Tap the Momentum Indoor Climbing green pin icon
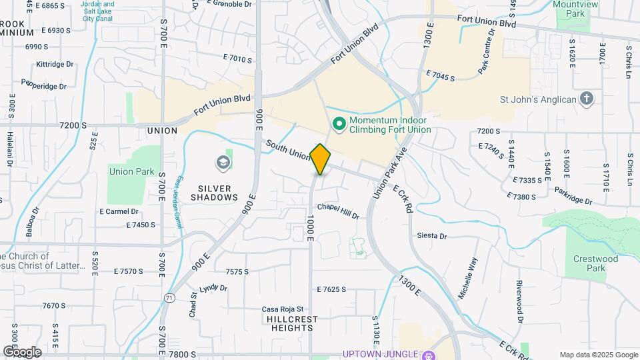339,123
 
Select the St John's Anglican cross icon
586,99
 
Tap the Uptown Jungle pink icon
430,354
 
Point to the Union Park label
131,171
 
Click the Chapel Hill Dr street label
338,211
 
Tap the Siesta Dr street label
431,236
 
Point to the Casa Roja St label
283,309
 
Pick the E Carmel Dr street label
118,211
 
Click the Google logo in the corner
22,351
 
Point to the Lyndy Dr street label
213,288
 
